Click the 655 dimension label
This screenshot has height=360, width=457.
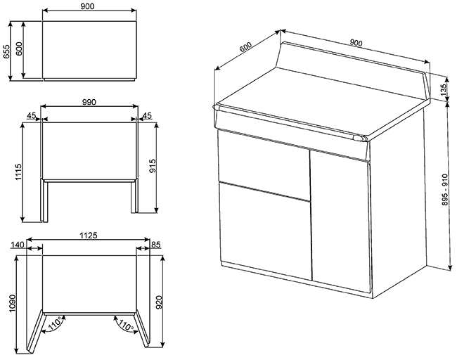(6, 51)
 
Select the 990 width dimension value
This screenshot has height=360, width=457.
(89, 102)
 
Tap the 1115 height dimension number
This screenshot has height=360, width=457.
(18, 172)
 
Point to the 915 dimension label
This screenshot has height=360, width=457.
(153, 166)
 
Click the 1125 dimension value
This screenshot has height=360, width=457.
(89, 235)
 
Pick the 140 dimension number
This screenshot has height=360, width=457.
(17, 245)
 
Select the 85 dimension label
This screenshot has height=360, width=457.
(155, 245)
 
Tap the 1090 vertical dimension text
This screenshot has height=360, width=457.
(12, 303)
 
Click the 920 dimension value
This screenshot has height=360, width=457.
(159, 302)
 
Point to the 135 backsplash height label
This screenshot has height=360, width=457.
(444, 89)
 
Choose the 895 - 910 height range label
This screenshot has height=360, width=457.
(445, 190)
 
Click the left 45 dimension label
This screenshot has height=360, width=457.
(31, 115)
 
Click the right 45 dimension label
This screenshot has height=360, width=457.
(148, 115)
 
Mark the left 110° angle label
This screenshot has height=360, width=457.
(56, 323)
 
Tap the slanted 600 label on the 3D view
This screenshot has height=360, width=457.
(245, 46)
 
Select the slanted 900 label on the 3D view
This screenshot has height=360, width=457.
(356, 43)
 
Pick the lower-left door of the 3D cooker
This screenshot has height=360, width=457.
(265, 231)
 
